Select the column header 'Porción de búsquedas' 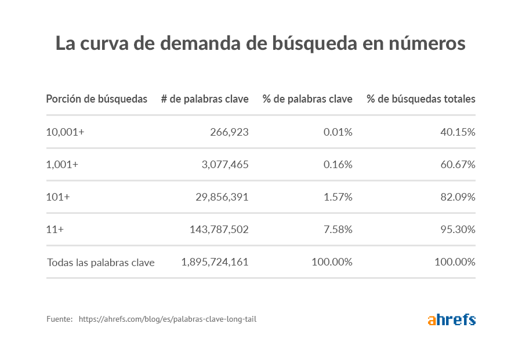point(97,99)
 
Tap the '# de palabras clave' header point(205,99)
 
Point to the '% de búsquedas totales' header point(420,99)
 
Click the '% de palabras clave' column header point(307,99)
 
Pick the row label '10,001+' point(65,132)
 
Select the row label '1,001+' point(62,165)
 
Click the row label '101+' point(58,197)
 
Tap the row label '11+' point(55,230)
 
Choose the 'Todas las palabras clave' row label point(100,263)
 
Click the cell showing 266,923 point(229,132)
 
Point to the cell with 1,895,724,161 point(215,262)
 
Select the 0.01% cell point(338,132)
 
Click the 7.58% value point(338,230)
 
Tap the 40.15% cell point(458,132)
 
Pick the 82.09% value point(458,197)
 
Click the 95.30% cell point(458,230)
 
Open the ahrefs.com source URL point(167,319)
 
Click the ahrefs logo point(451,319)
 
